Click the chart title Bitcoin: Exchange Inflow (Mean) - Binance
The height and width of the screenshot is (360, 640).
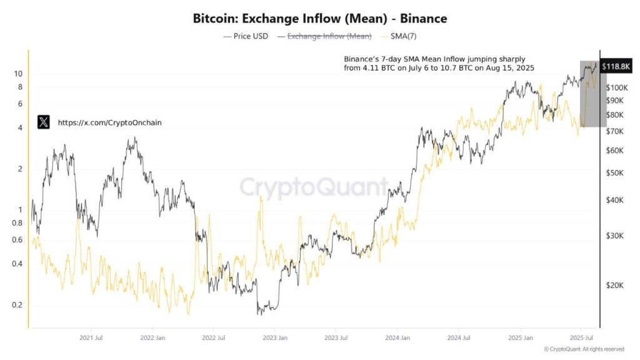point(320,19)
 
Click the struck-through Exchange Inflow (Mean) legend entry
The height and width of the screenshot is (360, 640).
point(329,36)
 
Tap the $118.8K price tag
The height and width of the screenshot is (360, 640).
point(615,66)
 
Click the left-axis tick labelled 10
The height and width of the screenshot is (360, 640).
point(18,74)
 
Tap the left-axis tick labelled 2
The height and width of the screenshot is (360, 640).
point(20,169)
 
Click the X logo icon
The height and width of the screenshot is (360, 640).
point(43,122)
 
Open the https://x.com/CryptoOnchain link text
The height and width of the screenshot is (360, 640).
point(109,123)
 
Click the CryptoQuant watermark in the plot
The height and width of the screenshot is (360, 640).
point(314,187)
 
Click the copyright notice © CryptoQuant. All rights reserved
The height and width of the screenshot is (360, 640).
point(583,349)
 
